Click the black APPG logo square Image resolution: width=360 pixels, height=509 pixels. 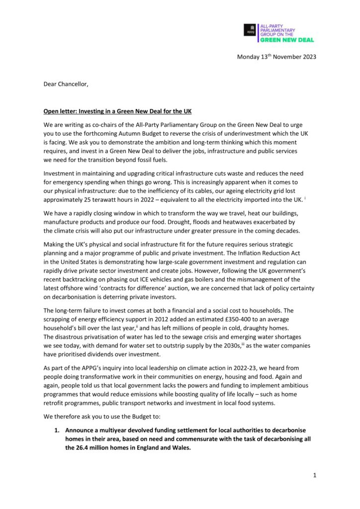tap(250, 30)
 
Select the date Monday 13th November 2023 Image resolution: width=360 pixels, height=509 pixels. tap(276, 57)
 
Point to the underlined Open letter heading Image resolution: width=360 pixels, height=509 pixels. tap(112, 111)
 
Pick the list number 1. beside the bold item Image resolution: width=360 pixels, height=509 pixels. tap(57, 429)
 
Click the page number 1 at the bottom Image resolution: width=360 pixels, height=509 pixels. tap(315, 475)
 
